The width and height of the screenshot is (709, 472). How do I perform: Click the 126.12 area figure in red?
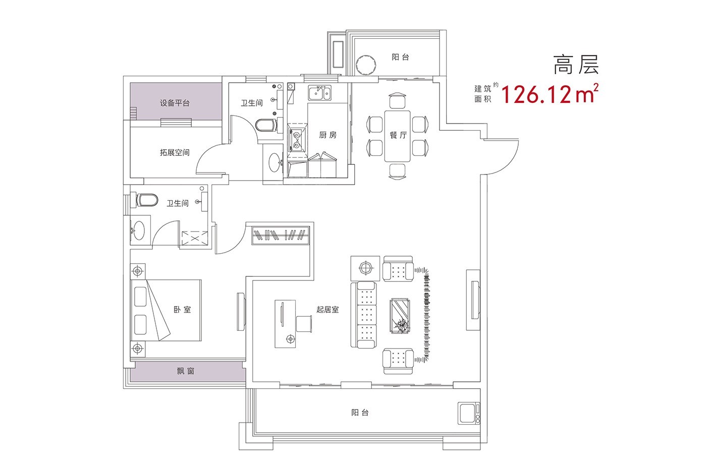(536, 94)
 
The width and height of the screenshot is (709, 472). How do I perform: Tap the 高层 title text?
(575, 65)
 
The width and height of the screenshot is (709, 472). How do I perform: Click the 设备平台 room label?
(175, 103)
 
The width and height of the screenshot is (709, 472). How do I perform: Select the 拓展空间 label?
(175, 152)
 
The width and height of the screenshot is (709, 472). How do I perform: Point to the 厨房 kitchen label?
(328, 135)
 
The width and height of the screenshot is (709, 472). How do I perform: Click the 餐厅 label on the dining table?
(399, 135)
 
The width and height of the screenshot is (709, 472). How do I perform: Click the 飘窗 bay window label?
(186, 372)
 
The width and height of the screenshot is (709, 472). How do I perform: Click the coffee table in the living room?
(400, 316)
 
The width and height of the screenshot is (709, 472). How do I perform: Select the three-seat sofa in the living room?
(364, 316)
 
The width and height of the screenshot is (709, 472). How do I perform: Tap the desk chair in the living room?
(305, 323)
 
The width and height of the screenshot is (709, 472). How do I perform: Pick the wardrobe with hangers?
(281, 235)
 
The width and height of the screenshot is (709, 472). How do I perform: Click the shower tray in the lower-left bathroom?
(194, 238)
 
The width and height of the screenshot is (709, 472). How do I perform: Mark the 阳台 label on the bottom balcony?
(360, 412)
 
